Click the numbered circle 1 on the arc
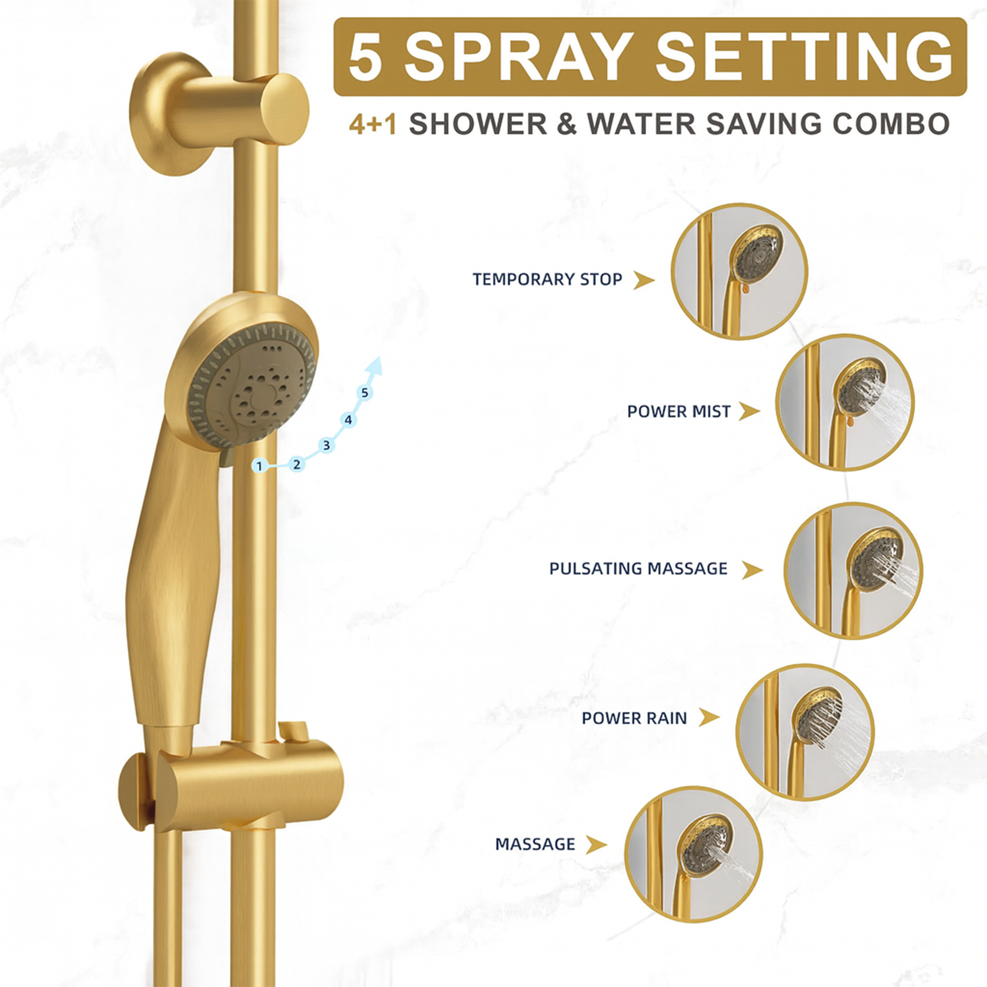260,466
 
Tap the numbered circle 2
296,464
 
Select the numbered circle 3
326,446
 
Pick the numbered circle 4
348,420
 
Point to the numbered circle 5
364,393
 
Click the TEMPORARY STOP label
547,279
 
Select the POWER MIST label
679,411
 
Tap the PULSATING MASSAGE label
638,569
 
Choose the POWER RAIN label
634,718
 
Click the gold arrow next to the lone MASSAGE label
596,844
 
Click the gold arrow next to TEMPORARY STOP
644,280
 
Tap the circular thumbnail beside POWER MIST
845,403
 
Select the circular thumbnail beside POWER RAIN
805,731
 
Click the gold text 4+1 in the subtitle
373,124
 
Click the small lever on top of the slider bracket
293,731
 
